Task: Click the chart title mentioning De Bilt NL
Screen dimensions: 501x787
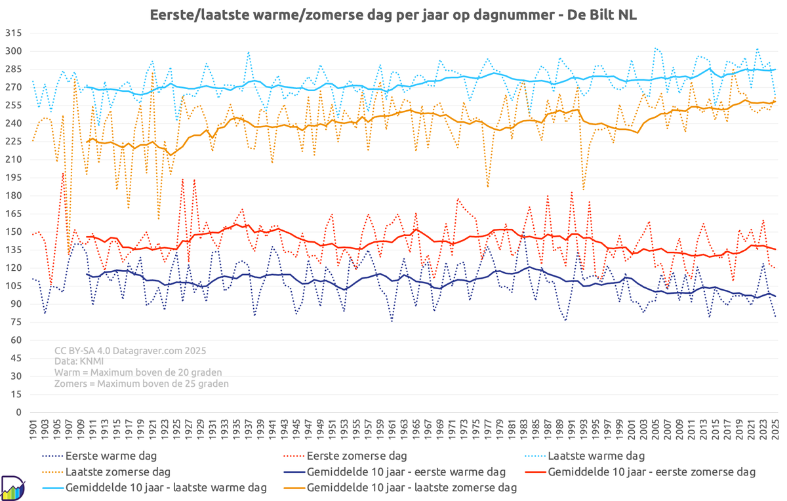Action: (x=393, y=14)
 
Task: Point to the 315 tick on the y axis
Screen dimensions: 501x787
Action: (x=14, y=33)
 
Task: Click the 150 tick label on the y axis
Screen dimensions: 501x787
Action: (x=14, y=232)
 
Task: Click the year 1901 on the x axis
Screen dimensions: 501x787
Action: (x=33, y=430)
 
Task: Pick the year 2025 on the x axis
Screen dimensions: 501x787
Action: (x=775, y=430)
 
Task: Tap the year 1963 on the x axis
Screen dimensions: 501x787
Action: (x=405, y=430)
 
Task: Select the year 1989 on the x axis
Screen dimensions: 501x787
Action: (x=560, y=430)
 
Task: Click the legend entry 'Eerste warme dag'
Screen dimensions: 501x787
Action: (x=110, y=455)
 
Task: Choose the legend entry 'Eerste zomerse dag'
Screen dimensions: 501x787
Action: (x=357, y=455)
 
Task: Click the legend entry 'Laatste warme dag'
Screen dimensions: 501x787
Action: (x=595, y=455)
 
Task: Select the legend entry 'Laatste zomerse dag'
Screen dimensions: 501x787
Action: (x=118, y=471)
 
